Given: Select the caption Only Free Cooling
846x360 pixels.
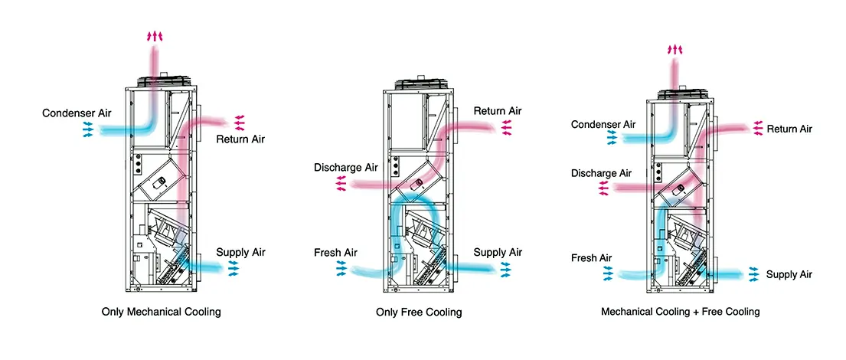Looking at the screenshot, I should click(x=419, y=313).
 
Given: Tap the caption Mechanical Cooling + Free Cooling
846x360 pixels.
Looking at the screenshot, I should click(x=681, y=312).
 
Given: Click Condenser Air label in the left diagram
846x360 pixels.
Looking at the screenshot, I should click(x=77, y=113).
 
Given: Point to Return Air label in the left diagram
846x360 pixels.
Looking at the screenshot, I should click(x=241, y=139).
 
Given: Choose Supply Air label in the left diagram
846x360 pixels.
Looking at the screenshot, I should click(x=240, y=252).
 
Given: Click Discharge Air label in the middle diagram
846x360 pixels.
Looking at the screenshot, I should click(x=345, y=167).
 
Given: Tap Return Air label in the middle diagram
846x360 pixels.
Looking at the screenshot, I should click(x=498, y=111).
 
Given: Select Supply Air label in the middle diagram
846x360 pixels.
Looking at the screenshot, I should click(x=498, y=252).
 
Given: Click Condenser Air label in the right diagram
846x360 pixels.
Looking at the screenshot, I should click(x=603, y=124).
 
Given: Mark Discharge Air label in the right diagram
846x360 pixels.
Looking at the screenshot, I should click(x=601, y=174).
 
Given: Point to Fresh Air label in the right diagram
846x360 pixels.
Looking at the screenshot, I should click(x=592, y=258).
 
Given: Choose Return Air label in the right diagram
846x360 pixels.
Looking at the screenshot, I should click(x=789, y=129).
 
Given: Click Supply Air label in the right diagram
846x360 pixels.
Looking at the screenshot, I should click(x=789, y=274).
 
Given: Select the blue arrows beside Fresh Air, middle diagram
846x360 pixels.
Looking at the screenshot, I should click(x=341, y=267).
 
